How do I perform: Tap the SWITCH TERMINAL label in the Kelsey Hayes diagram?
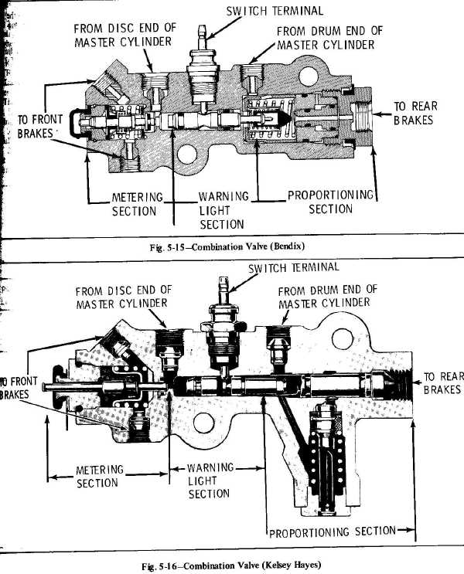[x=294, y=267]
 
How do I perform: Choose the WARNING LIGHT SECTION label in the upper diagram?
[x=223, y=210]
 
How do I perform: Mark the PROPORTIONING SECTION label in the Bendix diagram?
[x=330, y=202]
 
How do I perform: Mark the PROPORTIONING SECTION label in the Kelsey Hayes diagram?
[x=331, y=532]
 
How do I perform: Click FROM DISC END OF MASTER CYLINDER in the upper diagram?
[x=125, y=35]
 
